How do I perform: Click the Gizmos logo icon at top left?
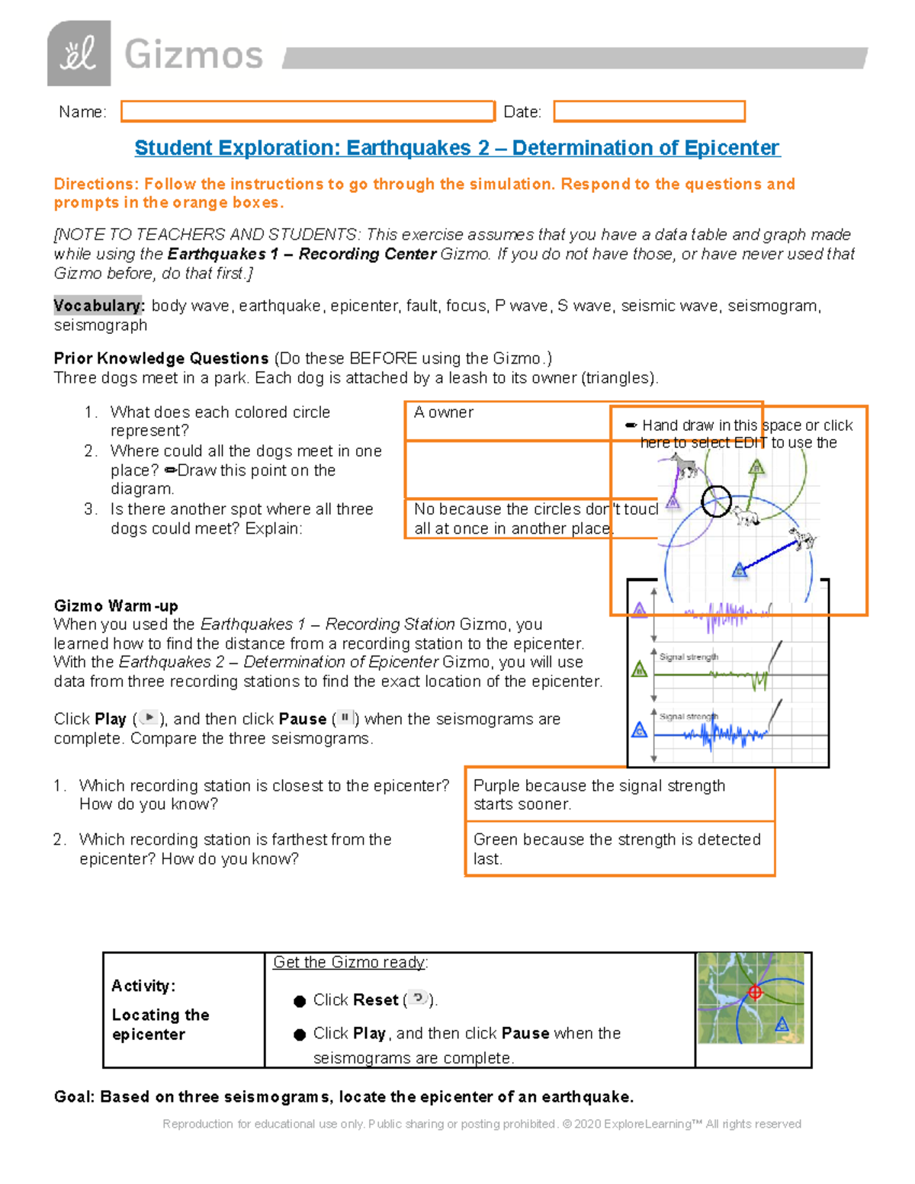pos(79,53)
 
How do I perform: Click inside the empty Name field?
pos(307,111)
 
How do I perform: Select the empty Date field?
pos(649,111)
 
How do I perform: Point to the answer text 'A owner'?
pos(444,412)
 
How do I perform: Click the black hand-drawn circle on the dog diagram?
pos(716,501)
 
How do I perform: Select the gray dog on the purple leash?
pos(685,465)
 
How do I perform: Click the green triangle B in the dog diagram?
pos(756,467)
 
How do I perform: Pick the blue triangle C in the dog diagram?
pos(739,570)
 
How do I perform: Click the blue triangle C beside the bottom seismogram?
pos(640,730)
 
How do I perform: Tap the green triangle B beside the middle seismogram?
pos(640,669)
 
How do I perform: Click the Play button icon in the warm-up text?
pos(149,717)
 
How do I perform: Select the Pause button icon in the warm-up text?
pos(345,717)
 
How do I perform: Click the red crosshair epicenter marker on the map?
pos(755,992)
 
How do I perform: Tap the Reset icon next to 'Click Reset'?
pos(418,998)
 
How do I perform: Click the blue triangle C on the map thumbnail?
pos(782,1025)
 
